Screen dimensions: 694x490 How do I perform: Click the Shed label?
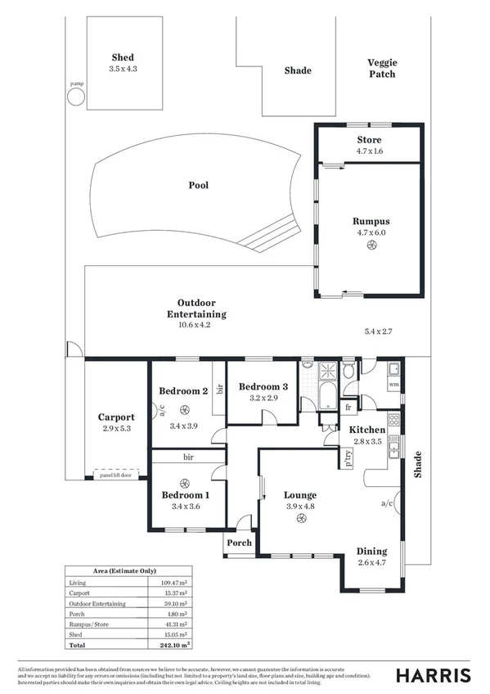pos(123,57)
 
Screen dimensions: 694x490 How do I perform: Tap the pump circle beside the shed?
pos(75,97)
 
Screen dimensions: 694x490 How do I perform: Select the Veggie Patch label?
pos(381,68)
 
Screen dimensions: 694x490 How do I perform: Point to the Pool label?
pos(199,185)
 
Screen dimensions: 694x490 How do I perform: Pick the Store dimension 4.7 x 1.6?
pos(368,151)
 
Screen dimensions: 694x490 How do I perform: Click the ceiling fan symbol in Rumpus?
pos(370,245)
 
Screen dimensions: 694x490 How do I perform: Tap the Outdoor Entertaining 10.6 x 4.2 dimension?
pos(196,325)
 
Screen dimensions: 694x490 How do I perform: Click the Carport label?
pos(116,417)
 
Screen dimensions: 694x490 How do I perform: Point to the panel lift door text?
pos(115,475)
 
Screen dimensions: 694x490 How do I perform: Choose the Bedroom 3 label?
pos(263,386)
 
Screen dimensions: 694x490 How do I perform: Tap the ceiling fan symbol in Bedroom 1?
pos(186,482)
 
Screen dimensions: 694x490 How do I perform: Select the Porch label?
pos(239,543)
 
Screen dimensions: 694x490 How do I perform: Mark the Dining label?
pos(372,551)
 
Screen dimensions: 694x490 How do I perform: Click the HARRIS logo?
pos(433,675)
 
